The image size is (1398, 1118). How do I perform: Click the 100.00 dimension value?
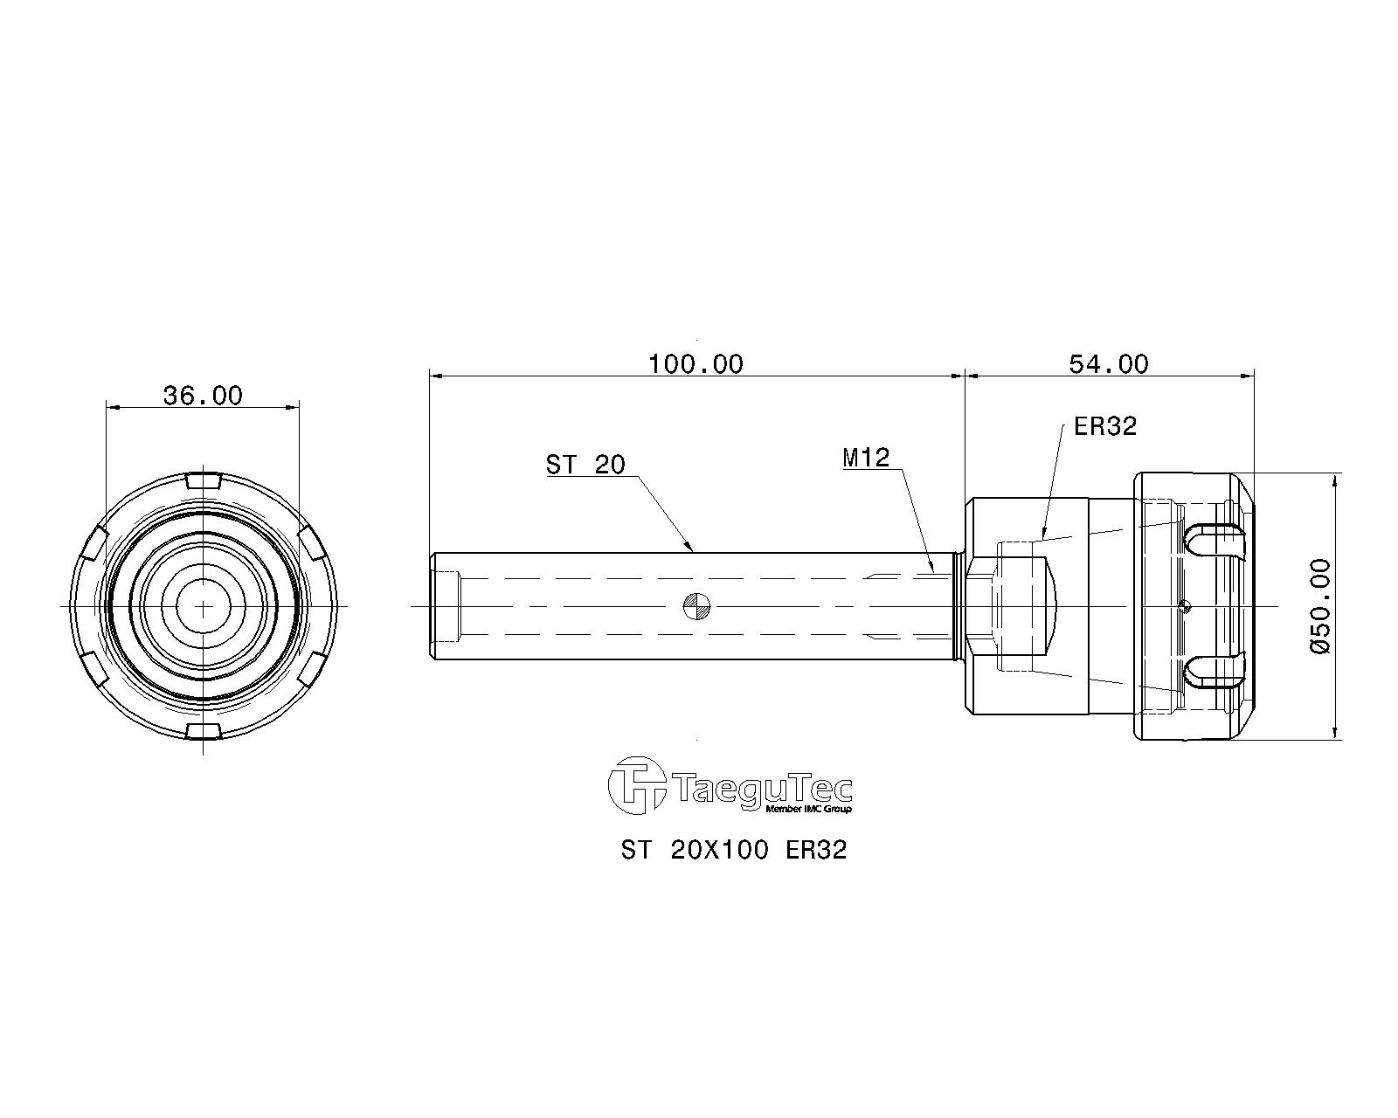pyautogui.click(x=696, y=364)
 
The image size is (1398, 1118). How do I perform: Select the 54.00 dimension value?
pyautogui.click(x=1109, y=364)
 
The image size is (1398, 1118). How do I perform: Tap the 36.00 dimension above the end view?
pyautogui.click(x=203, y=396)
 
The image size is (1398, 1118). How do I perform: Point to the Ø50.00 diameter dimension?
pyautogui.click(x=1320, y=606)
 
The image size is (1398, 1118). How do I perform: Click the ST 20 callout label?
pyautogui.click(x=585, y=466)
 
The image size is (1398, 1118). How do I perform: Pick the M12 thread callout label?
pyautogui.click(x=866, y=458)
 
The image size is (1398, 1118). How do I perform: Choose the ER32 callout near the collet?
pyautogui.click(x=1105, y=427)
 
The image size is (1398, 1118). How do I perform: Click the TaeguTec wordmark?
pyautogui.click(x=764, y=790)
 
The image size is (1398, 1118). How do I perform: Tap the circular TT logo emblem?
pyautogui.click(x=637, y=785)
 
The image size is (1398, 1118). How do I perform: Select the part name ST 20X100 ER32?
pyautogui.click(x=734, y=851)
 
